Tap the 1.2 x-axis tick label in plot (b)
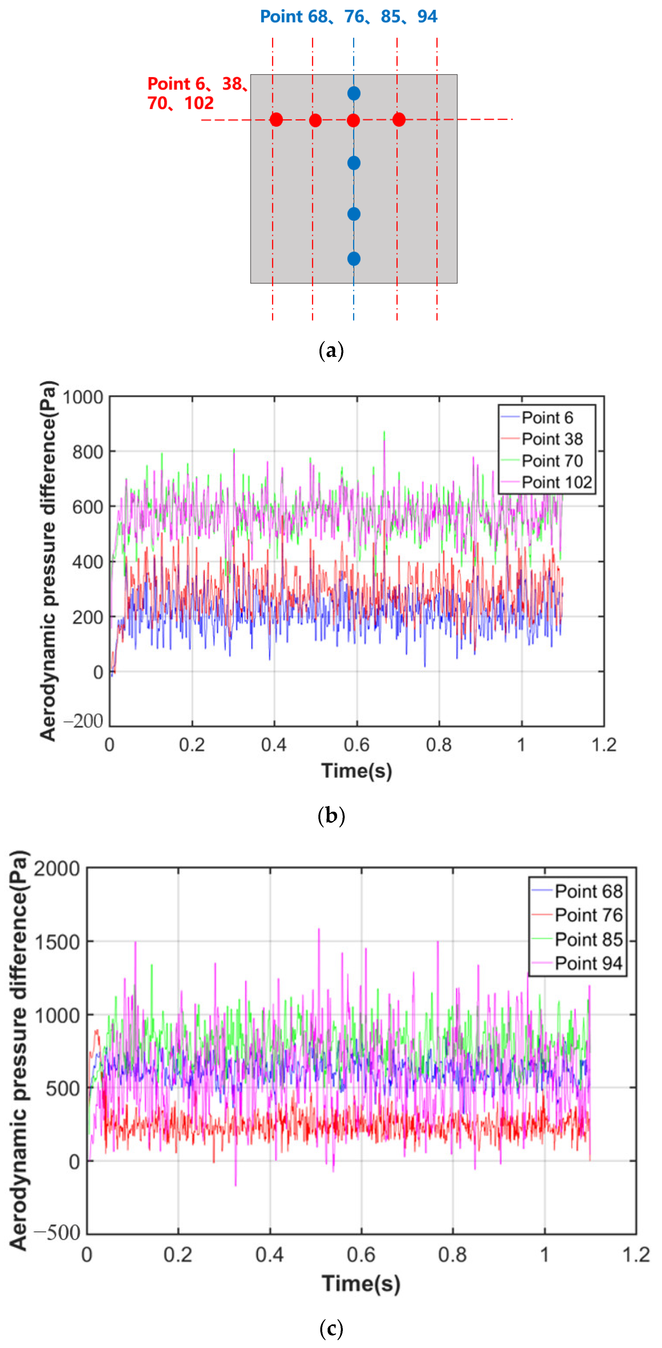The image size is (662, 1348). (604, 745)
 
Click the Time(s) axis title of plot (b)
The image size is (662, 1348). (357, 771)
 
